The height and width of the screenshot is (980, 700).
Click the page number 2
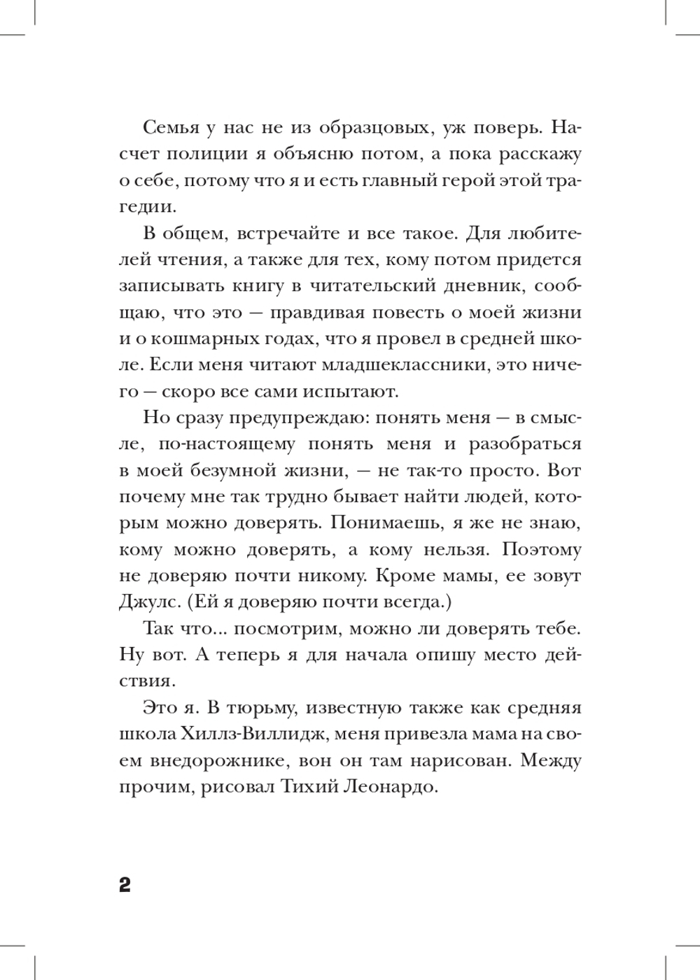click(125, 885)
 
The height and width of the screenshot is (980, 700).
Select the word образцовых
click(374, 129)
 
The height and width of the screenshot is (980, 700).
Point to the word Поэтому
click(540, 549)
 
